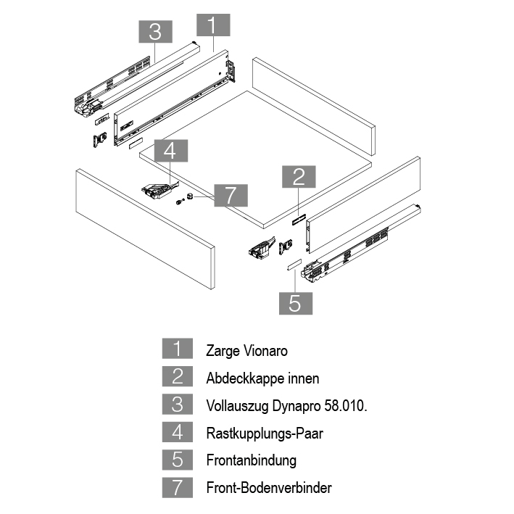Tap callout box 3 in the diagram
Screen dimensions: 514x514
pos(154,32)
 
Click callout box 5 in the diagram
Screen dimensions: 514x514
pos(295,302)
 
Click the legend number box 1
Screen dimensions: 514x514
pos(178,350)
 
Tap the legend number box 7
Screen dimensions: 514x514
pos(178,487)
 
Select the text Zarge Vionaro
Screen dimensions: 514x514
pos(246,351)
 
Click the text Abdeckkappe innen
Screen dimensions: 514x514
pos(262,378)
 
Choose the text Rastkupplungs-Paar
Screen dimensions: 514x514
pos(264,434)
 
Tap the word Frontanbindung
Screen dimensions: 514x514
pos(251,460)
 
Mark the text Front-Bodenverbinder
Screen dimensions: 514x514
pos(268,488)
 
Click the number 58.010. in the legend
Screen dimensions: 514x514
pos(345,406)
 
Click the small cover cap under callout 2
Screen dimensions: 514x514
pos(297,219)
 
